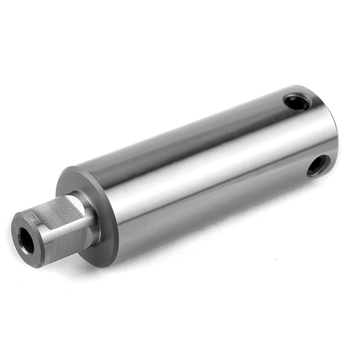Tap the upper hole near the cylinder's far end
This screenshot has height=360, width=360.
coord(296,102)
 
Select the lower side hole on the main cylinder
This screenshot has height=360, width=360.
coord(317,166)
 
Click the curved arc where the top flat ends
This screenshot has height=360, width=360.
coord(79,198)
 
